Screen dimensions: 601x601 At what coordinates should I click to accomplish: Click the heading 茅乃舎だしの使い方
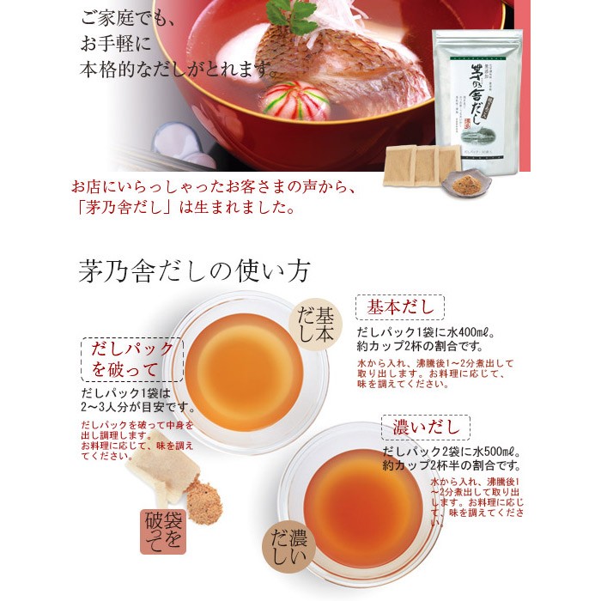[x=194, y=270]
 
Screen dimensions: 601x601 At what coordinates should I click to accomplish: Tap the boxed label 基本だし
[x=401, y=307]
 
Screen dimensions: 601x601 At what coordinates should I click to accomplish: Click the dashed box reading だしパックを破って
[x=132, y=360]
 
